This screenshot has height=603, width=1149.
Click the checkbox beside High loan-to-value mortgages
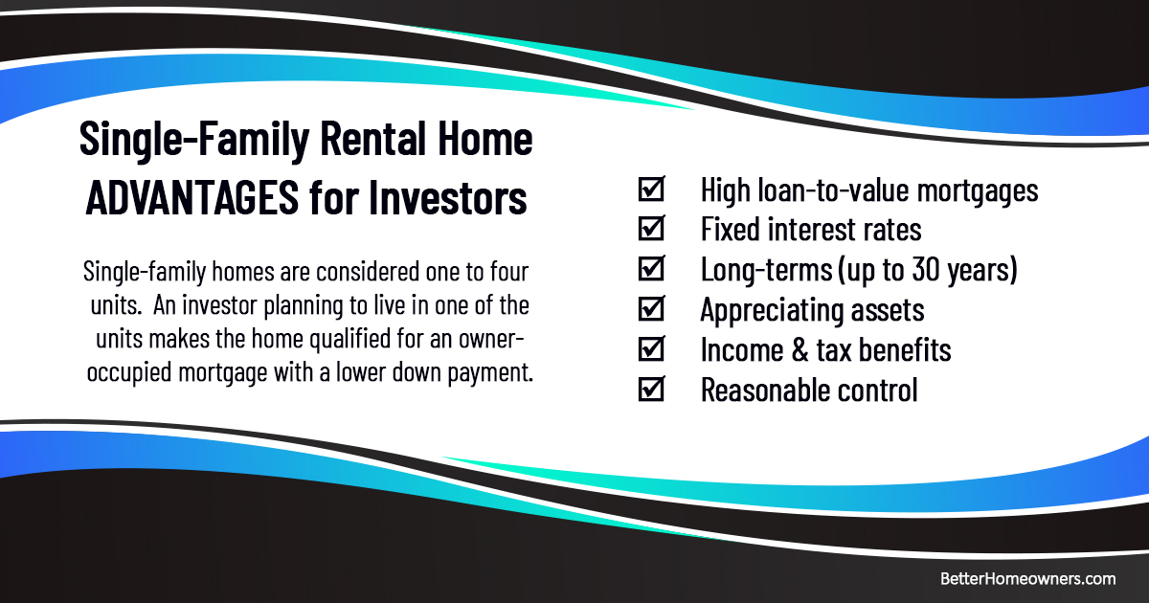point(651,190)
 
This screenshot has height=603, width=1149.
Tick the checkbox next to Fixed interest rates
point(651,230)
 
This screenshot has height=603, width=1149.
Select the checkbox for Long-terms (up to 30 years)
point(651,270)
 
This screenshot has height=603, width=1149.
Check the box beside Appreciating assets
point(651,309)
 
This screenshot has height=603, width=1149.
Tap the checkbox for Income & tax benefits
point(651,349)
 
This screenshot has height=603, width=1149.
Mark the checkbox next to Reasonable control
point(651,390)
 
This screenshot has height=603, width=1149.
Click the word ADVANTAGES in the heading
point(191,199)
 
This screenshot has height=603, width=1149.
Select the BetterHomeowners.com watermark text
point(1027,578)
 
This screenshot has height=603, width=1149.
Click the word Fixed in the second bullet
point(728,230)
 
